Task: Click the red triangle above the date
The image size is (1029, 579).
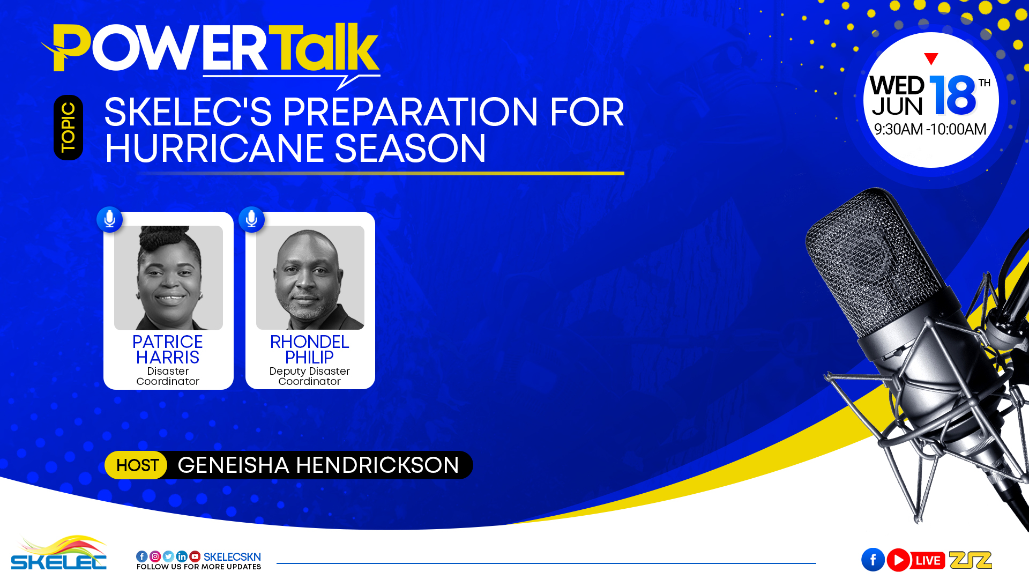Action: coord(931,58)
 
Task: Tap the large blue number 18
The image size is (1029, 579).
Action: coord(953,95)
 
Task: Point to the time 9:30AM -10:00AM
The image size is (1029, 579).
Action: coord(930,129)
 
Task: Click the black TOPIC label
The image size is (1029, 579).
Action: coord(68,128)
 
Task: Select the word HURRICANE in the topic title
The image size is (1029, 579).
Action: coord(214,148)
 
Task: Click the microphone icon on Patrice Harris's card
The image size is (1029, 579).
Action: coord(110,219)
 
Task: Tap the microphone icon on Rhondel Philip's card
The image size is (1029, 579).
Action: coord(251,219)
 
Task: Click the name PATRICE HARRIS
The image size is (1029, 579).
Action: coord(168,350)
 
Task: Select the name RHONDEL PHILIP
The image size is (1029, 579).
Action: coord(310,350)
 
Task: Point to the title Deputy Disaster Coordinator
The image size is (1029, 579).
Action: coord(310,376)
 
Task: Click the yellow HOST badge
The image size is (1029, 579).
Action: coord(137,465)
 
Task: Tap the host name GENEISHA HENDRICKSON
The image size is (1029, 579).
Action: coord(318,465)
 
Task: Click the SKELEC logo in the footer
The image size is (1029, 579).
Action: coord(59,553)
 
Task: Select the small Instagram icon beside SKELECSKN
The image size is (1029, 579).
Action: coord(155,556)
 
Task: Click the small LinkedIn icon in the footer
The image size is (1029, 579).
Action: coord(182,556)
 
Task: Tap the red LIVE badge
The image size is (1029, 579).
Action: coord(928,560)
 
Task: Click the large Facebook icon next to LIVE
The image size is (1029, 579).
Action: coord(873,560)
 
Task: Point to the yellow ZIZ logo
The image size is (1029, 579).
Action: coord(971,560)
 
